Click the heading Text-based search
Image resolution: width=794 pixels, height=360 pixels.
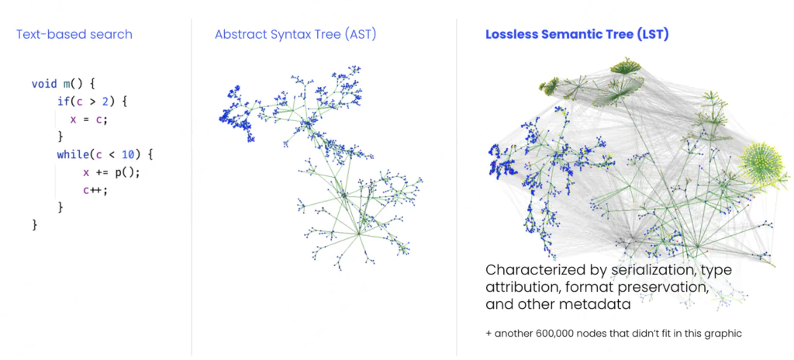(x=74, y=34)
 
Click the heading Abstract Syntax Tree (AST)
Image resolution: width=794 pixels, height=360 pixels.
(x=295, y=34)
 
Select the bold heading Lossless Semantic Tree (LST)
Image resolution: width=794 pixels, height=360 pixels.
(x=577, y=34)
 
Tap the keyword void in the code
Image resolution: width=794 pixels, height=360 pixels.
(x=44, y=84)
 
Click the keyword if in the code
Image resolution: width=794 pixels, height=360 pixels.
(x=64, y=102)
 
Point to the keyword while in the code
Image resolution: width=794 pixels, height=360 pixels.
(x=70, y=154)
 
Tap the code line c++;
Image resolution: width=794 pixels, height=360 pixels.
(x=95, y=189)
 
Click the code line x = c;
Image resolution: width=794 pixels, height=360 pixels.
(x=89, y=119)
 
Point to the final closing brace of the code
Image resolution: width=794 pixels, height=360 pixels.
(x=34, y=224)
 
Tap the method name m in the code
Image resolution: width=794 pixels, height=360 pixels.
(x=67, y=84)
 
